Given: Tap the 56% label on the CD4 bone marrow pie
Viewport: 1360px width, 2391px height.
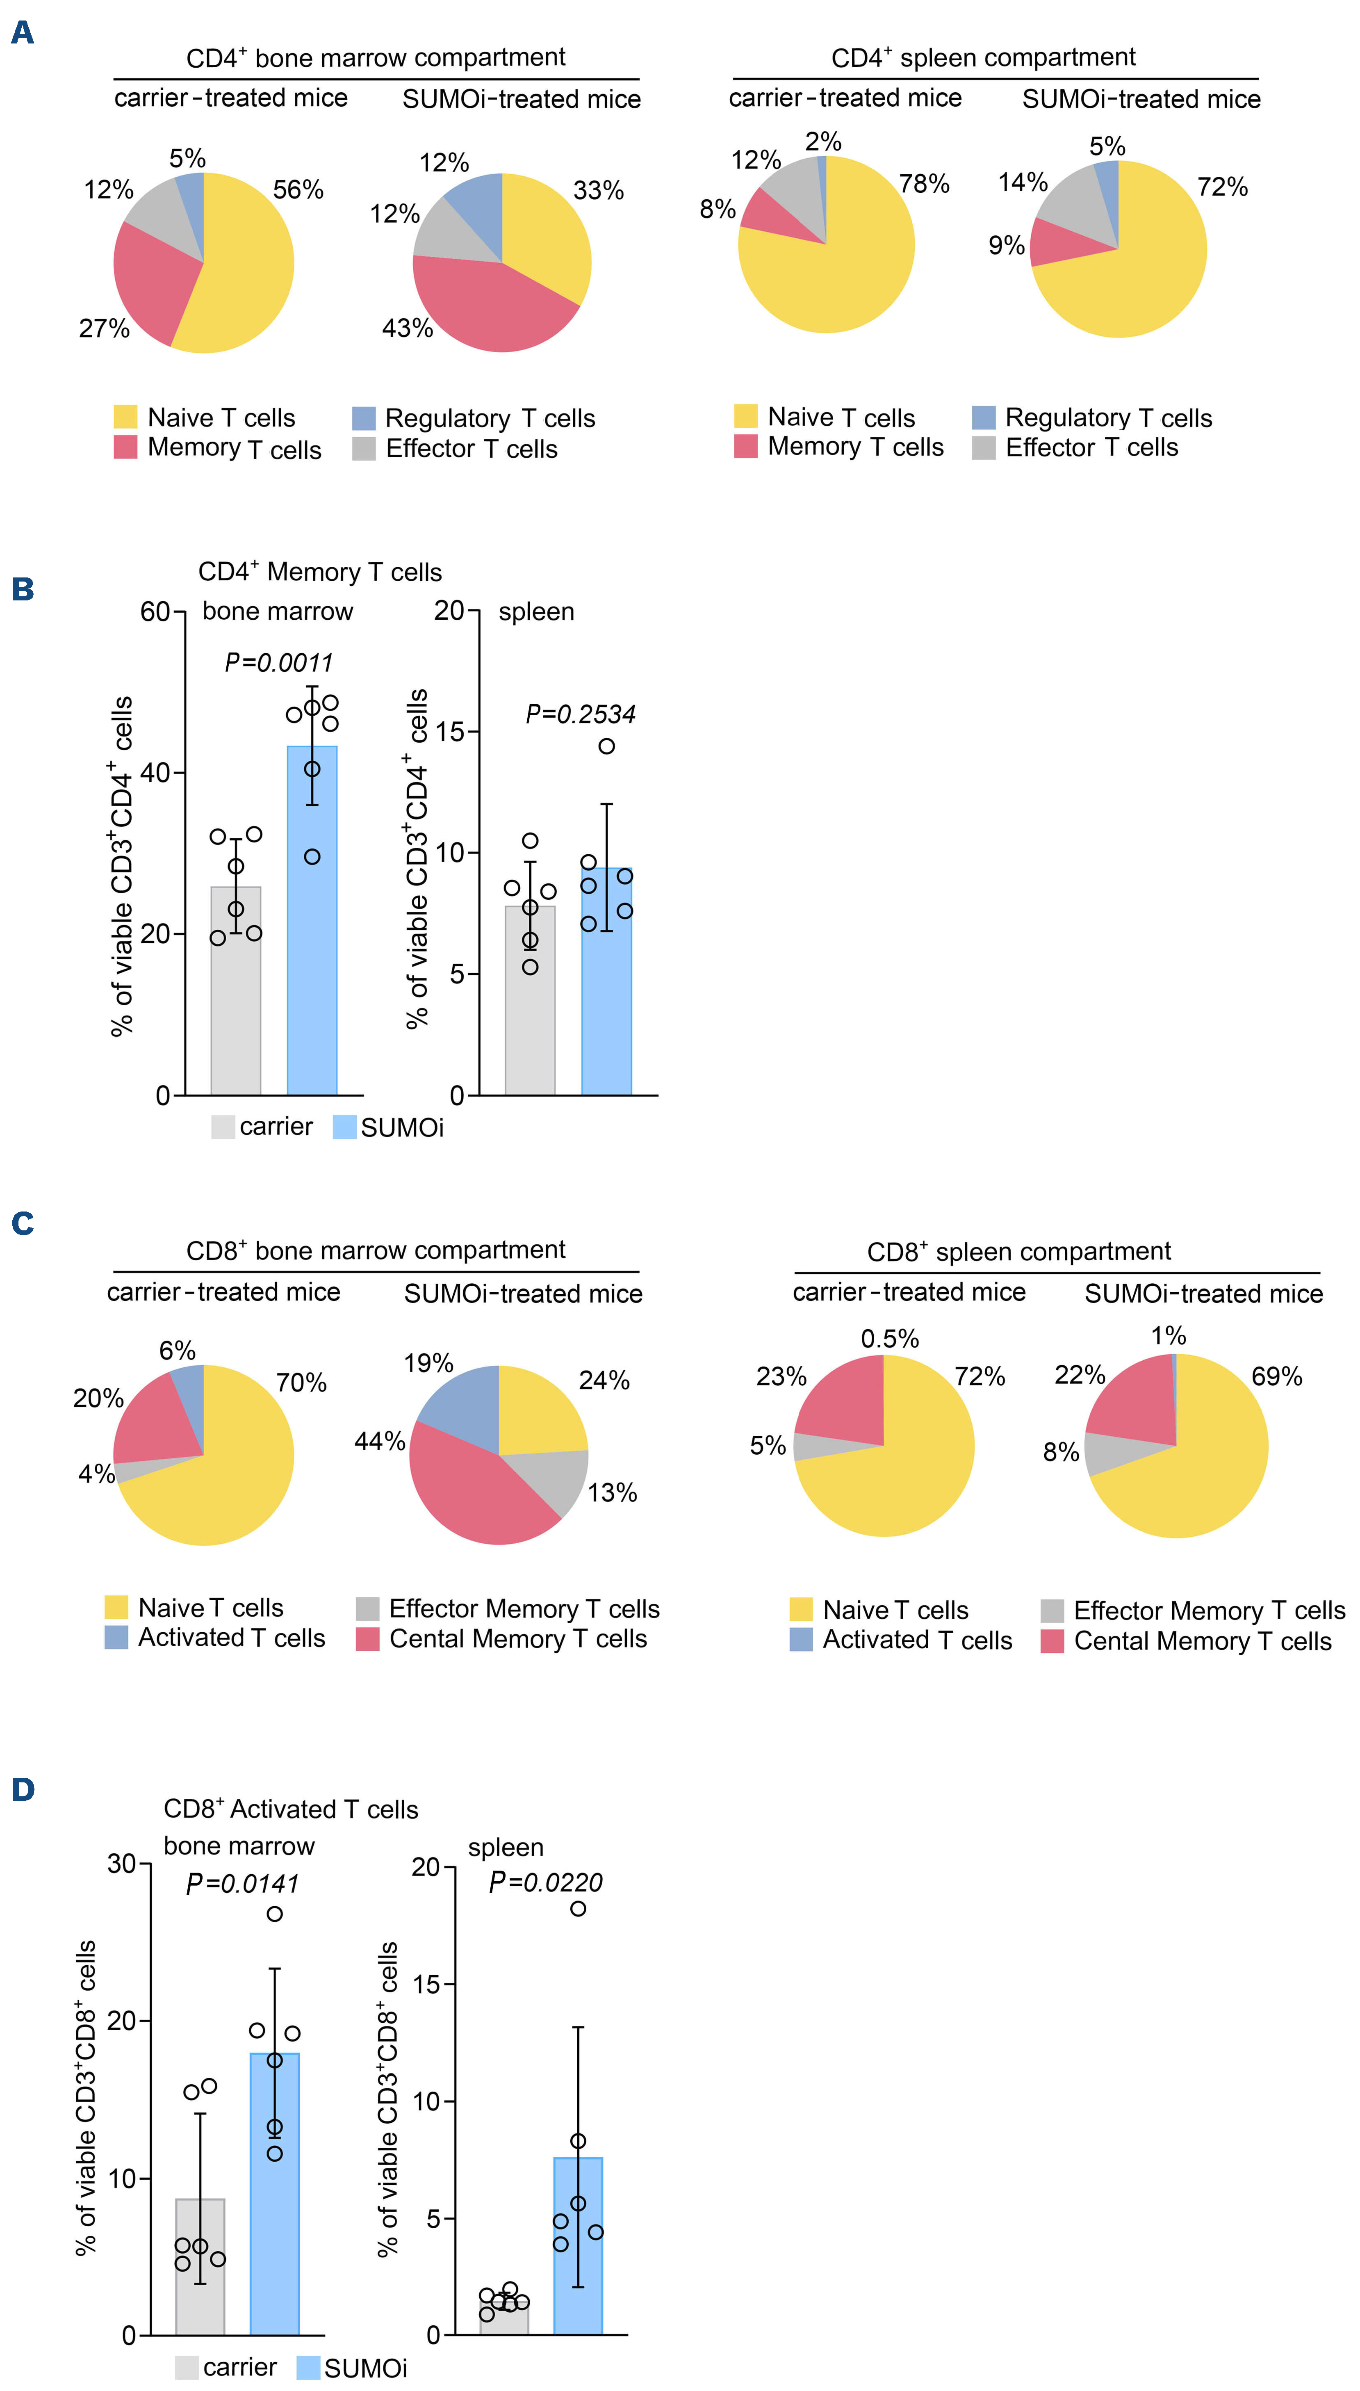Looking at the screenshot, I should (298, 191).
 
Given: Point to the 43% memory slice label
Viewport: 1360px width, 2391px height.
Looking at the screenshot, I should (407, 329).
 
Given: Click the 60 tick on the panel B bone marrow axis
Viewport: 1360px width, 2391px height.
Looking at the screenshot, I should (155, 613).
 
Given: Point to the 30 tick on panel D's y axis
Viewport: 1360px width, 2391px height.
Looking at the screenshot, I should (122, 1864).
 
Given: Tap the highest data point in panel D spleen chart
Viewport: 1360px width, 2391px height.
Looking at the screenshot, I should (578, 1909).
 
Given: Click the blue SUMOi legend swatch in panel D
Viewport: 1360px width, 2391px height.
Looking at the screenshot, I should (308, 2368).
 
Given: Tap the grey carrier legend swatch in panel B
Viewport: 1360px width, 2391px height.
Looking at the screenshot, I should (222, 1127).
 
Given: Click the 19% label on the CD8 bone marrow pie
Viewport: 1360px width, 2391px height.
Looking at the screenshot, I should (428, 1363).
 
